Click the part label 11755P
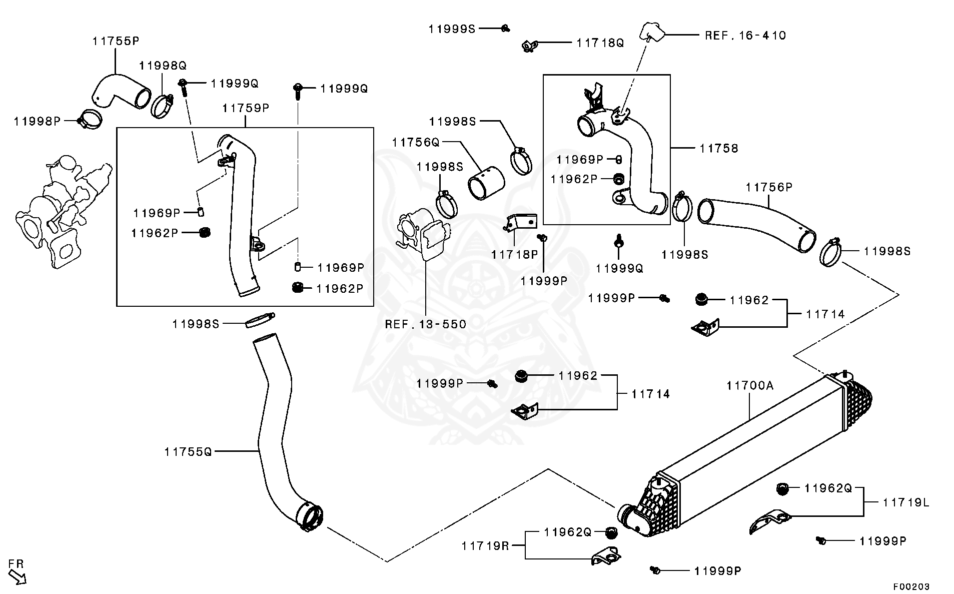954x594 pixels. point(116,41)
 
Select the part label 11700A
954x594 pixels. point(749,385)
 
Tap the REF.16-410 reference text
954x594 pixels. point(745,36)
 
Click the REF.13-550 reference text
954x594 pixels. point(425,324)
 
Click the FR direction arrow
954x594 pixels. point(17,576)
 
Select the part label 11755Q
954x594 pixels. point(188,452)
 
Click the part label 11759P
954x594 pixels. point(246,108)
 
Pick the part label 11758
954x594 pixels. point(718,148)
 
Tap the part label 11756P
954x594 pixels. point(769,187)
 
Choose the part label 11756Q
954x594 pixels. point(415,142)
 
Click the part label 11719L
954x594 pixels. point(905,502)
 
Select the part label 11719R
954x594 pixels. point(485,545)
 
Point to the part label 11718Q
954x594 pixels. point(600,43)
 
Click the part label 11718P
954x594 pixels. point(514,254)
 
